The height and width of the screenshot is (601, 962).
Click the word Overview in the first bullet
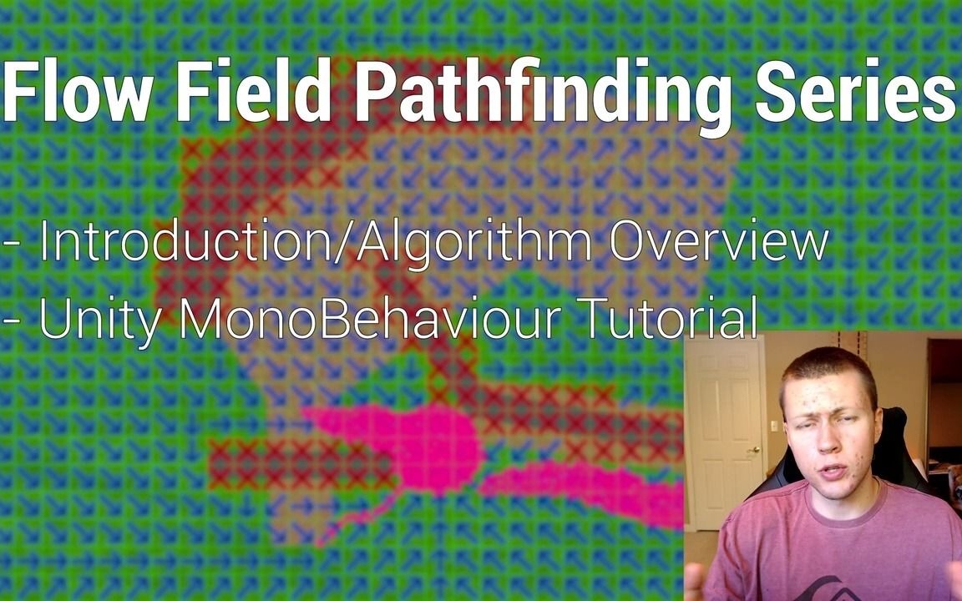tap(718, 242)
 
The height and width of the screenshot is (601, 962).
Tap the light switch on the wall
tap(773, 426)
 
